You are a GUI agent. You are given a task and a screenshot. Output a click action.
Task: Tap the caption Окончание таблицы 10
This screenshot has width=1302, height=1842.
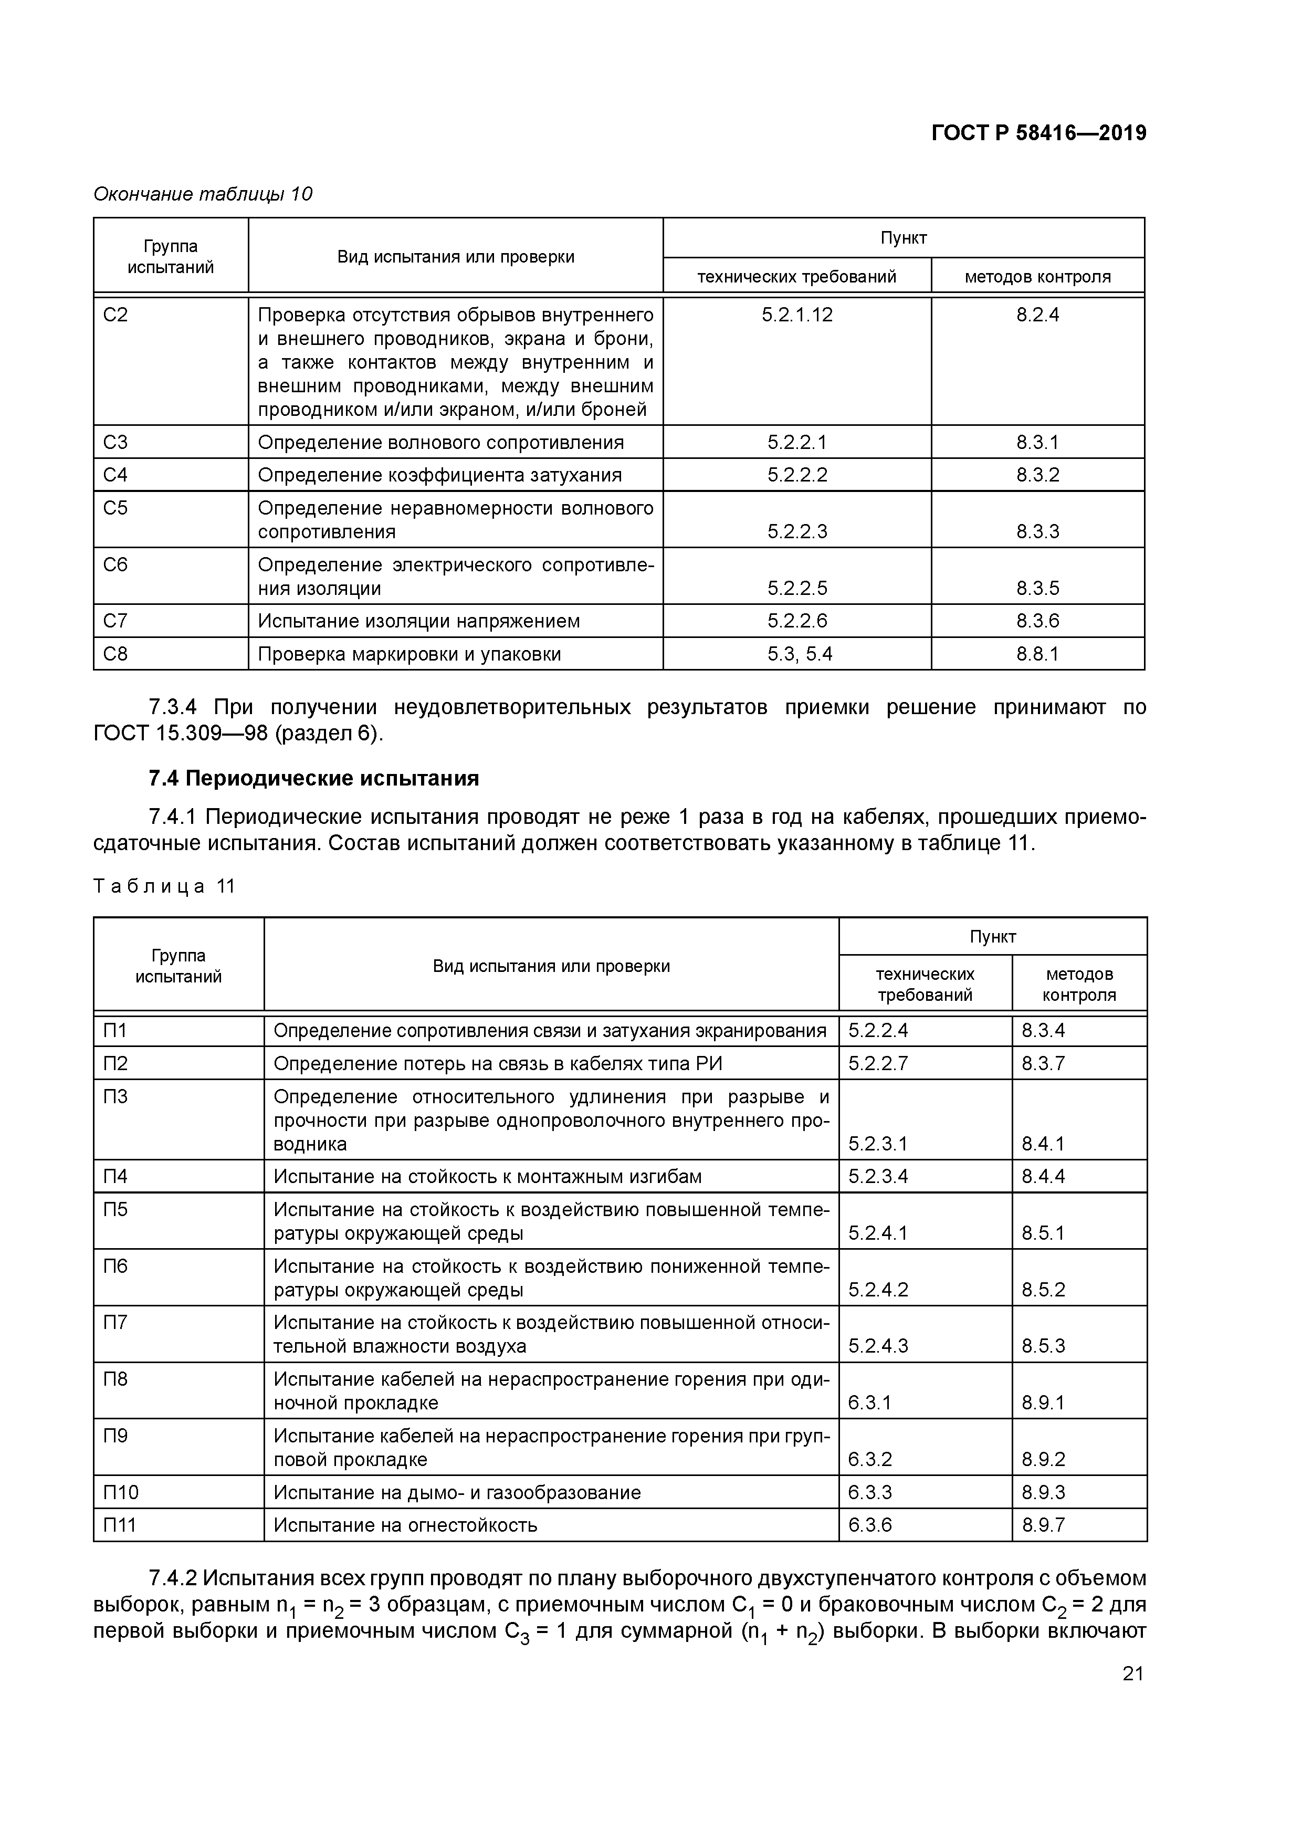click(203, 194)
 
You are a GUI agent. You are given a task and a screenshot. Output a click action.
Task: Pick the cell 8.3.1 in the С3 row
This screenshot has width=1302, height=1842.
click(1037, 443)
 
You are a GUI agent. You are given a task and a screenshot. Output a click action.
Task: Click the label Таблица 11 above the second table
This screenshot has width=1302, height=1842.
click(164, 886)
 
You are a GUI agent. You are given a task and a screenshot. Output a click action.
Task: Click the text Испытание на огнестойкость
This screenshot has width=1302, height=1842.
click(405, 1525)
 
